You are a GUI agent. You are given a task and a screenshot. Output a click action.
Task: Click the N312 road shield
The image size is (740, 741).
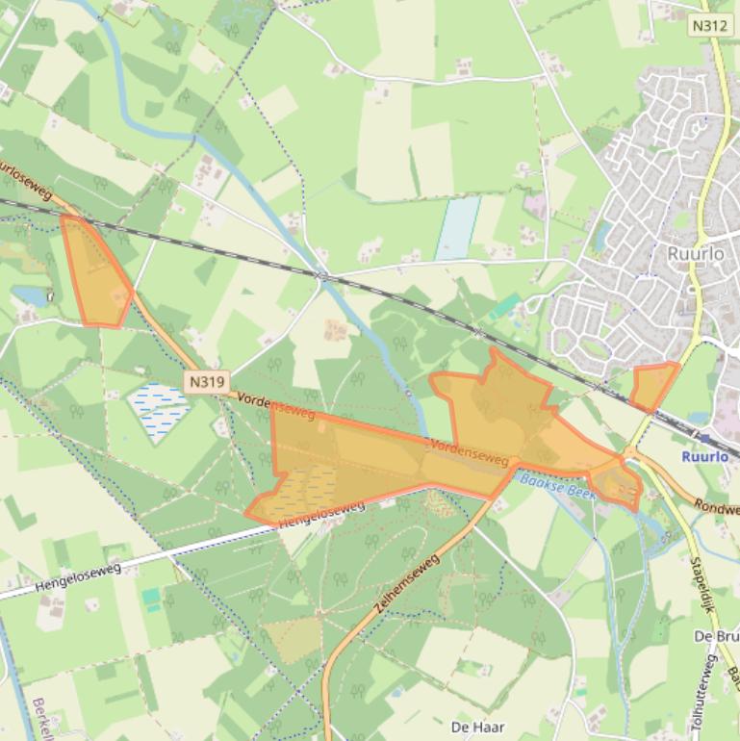(708, 27)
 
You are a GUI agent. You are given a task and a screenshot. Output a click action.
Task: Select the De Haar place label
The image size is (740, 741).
(477, 727)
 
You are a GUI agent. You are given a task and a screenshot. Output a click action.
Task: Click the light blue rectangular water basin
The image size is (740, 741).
(458, 228)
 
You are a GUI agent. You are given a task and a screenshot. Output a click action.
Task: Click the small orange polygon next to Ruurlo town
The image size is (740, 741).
(653, 386)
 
